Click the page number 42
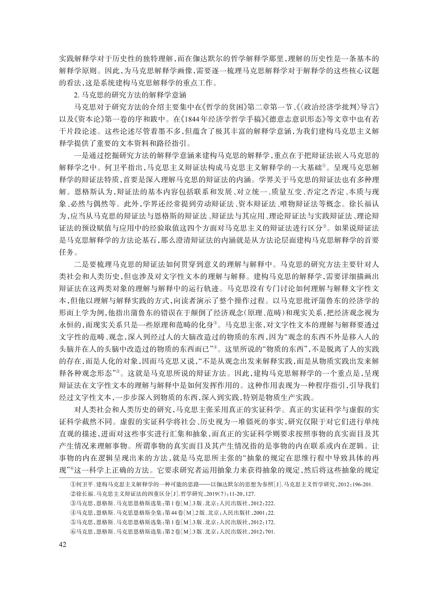pyautogui.click(x=63, y=544)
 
